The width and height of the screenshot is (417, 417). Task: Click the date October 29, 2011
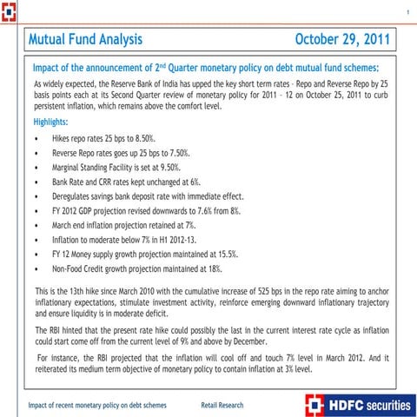click(x=343, y=40)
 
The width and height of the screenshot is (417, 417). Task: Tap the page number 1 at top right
click(x=407, y=11)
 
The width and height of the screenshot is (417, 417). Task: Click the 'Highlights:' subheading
click(x=55, y=122)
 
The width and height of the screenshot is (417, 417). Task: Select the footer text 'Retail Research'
click(x=222, y=405)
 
